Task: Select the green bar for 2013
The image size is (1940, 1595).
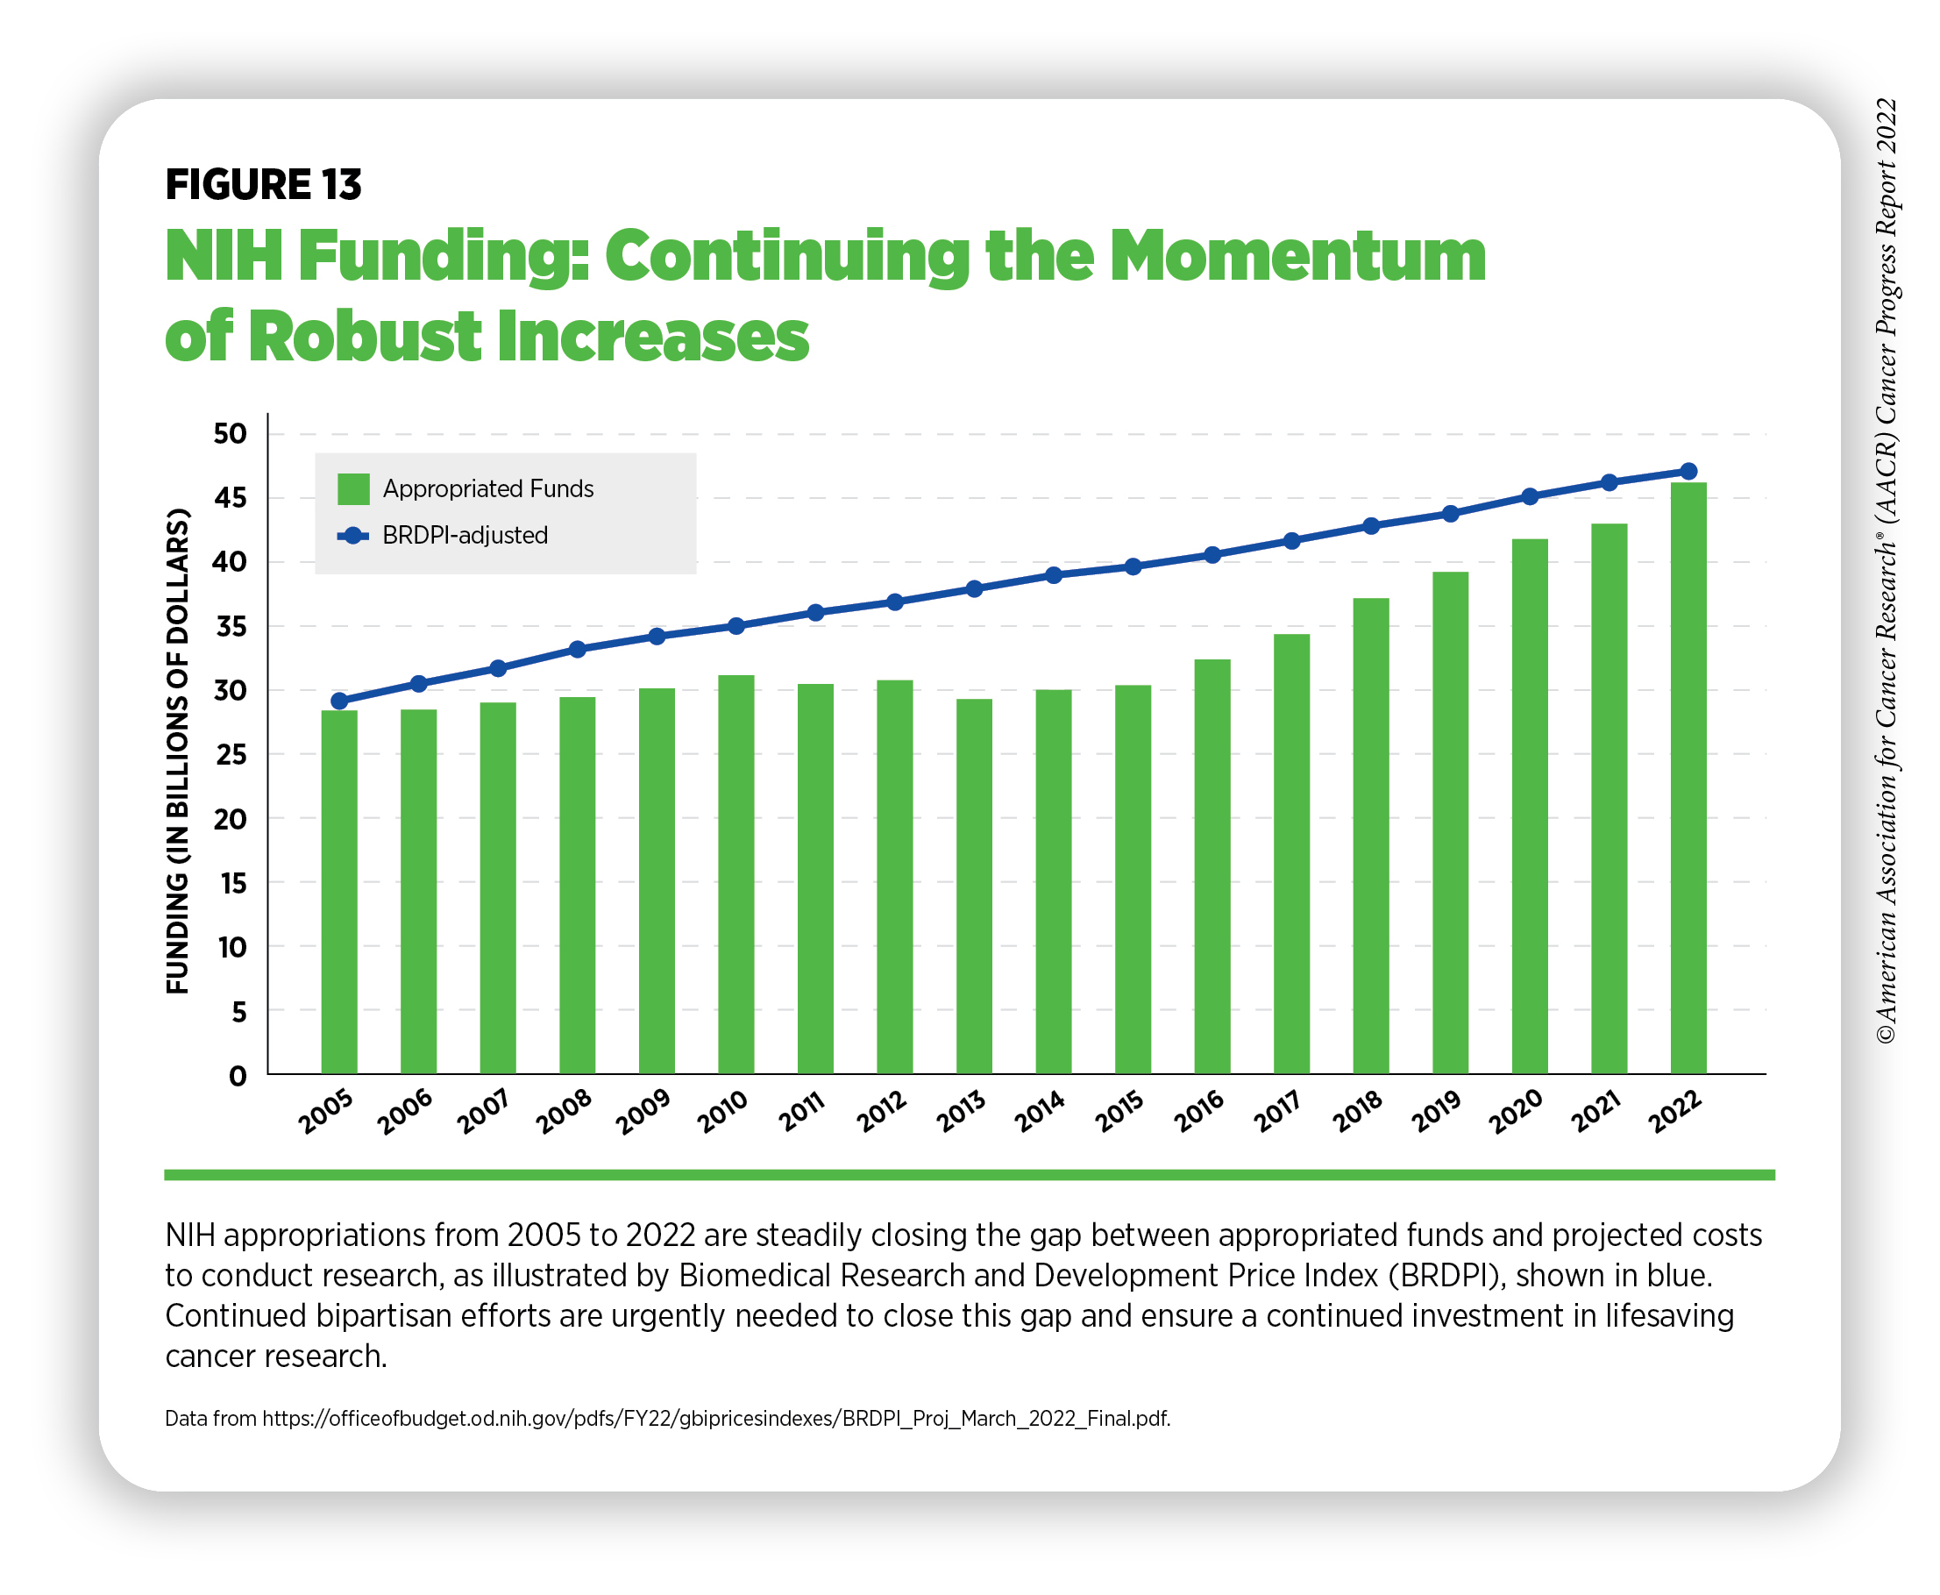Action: (x=974, y=886)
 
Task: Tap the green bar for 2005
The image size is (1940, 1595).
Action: (x=339, y=891)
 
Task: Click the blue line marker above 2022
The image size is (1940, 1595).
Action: (x=1688, y=472)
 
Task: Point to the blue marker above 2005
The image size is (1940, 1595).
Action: (x=339, y=701)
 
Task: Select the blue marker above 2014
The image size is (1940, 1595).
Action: (x=1054, y=575)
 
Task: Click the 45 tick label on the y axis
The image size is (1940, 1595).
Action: (x=230, y=498)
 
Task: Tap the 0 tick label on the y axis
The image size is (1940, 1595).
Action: (x=238, y=1076)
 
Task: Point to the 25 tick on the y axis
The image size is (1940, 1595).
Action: (x=230, y=754)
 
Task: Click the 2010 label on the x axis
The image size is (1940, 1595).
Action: (x=722, y=1112)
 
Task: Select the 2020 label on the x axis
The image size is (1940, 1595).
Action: (x=1515, y=1112)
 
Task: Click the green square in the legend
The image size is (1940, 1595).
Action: (x=352, y=488)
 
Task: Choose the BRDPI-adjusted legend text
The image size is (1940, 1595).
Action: (x=465, y=535)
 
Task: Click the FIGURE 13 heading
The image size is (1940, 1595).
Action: (x=263, y=185)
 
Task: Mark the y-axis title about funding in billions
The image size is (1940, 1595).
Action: (x=177, y=751)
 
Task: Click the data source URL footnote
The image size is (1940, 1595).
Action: (x=667, y=1418)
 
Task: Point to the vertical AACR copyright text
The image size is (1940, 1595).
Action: (x=1885, y=570)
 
